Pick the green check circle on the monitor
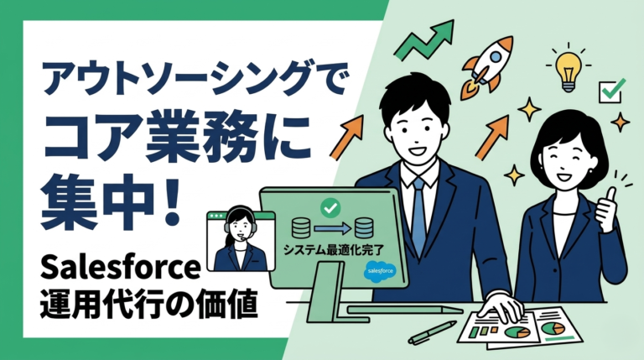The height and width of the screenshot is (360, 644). point(329,204)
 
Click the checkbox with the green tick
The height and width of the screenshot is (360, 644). point(609,90)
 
